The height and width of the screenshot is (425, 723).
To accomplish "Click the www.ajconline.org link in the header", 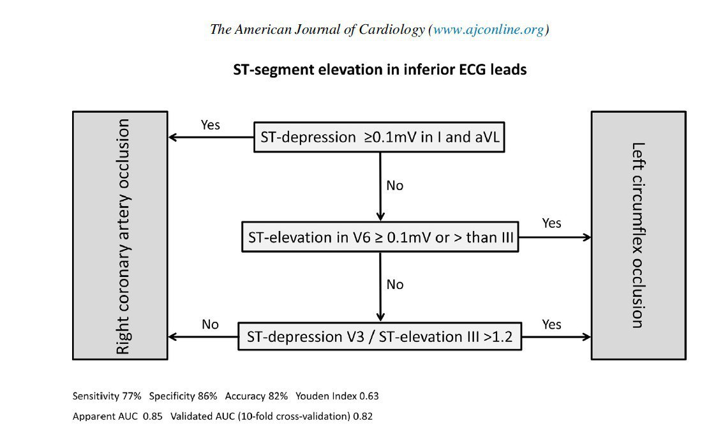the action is click(x=488, y=29).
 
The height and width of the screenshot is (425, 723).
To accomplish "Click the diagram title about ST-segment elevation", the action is click(x=380, y=70).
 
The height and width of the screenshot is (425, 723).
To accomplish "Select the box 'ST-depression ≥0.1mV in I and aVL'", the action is click(x=379, y=137).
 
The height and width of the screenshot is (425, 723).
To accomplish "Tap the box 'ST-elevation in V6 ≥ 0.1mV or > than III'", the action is click(x=380, y=237).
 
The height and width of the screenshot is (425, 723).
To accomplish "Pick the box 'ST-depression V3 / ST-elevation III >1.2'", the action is click(x=380, y=336).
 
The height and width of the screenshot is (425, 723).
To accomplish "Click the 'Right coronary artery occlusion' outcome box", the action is click(x=120, y=235).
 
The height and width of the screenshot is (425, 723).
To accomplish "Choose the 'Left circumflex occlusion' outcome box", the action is click(x=639, y=235).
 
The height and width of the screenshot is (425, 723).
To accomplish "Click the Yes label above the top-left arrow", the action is click(x=210, y=125).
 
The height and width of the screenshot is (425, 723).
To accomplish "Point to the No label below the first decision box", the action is click(x=395, y=185).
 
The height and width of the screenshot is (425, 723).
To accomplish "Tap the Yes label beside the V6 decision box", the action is click(x=551, y=223).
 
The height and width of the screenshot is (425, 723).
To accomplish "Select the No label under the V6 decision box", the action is click(x=395, y=285).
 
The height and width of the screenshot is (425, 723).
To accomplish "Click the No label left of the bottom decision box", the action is click(x=210, y=325).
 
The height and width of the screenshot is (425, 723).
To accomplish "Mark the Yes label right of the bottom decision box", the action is click(x=551, y=325).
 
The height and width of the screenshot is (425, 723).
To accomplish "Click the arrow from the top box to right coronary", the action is click(x=211, y=137).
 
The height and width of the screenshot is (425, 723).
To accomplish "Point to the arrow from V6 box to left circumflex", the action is click(x=555, y=237).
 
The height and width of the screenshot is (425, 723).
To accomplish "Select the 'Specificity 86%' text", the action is click(x=183, y=396).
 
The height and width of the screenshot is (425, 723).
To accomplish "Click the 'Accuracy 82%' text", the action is click(x=257, y=396).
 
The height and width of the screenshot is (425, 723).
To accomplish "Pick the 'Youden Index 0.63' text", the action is click(x=337, y=396).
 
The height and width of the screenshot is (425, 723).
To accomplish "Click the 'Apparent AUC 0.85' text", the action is click(x=117, y=416).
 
